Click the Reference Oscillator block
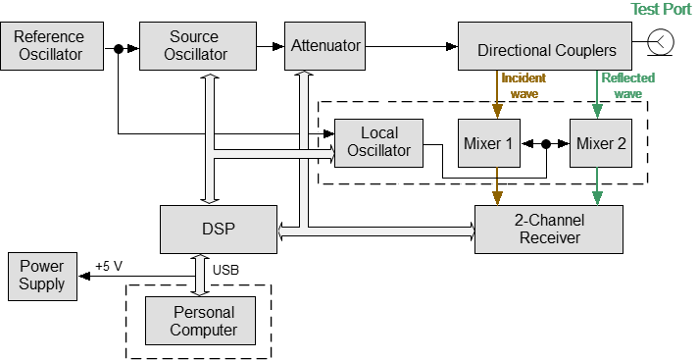(x=50, y=45)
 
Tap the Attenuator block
(x=325, y=45)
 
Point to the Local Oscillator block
(x=379, y=142)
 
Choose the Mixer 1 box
(x=488, y=142)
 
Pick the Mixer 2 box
(x=600, y=142)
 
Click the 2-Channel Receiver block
(x=549, y=230)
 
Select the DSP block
(x=220, y=230)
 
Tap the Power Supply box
(x=42, y=276)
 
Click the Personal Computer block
(x=203, y=321)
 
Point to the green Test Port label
(x=660, y=9)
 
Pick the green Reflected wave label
(x=627, y=85)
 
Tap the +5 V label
(x=109, y=266)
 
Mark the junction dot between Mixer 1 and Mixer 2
(x=545, y=143)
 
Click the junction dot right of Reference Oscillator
(x=119, y=46)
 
